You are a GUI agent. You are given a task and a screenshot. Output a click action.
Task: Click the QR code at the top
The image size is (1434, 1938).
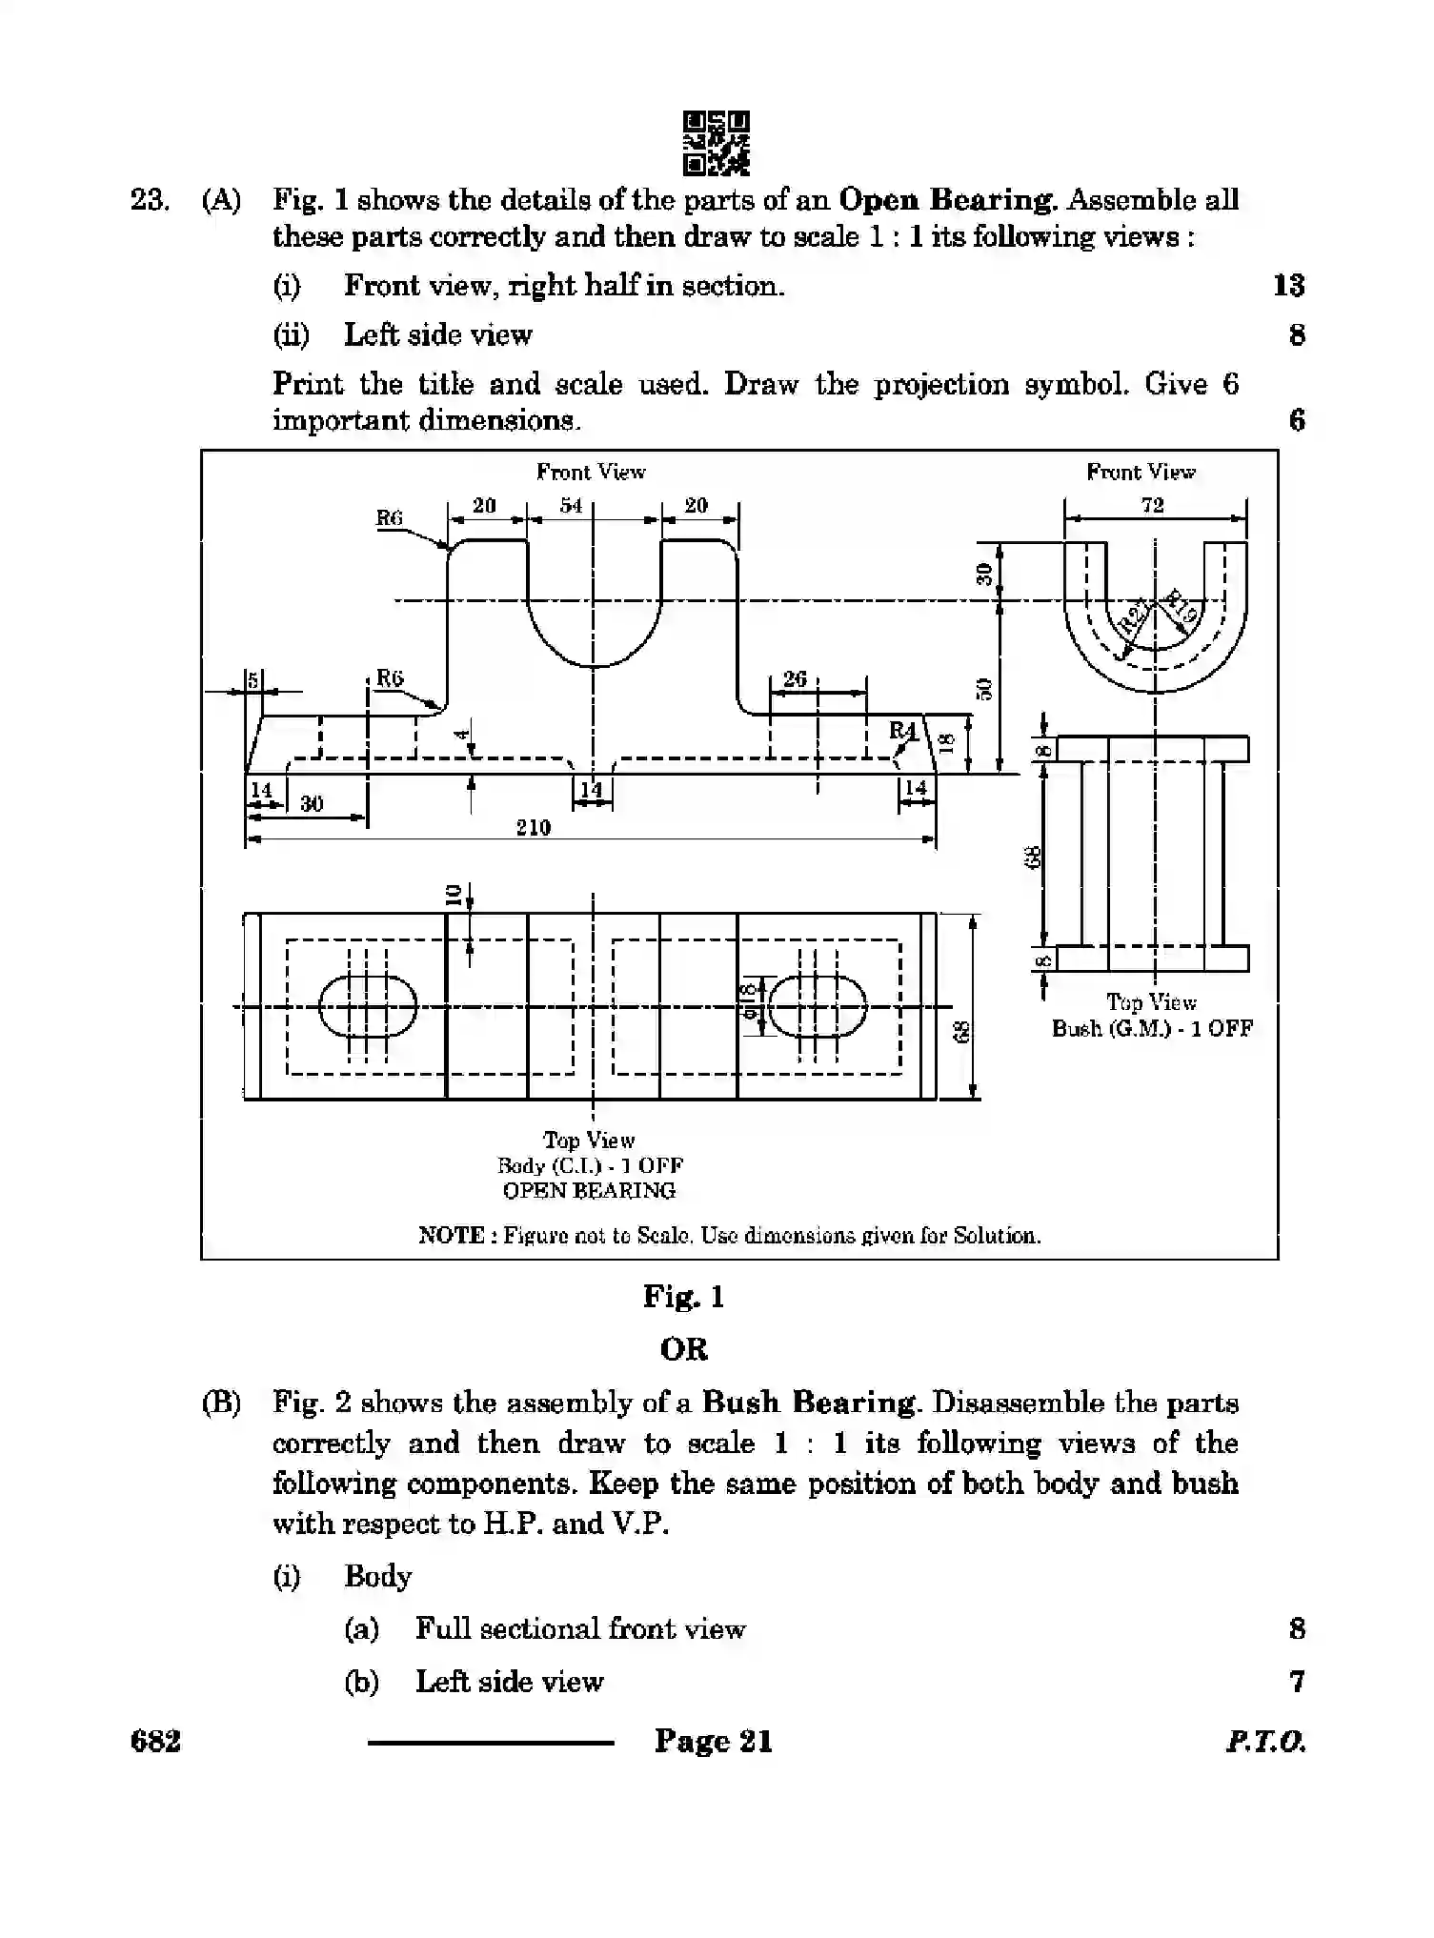(716, 143)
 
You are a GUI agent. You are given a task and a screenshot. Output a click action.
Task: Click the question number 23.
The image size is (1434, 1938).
(150, 200)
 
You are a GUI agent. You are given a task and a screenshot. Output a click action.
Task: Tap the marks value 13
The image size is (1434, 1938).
(1288, 285)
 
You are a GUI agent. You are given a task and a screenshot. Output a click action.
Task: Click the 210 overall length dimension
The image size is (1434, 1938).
(534, 827)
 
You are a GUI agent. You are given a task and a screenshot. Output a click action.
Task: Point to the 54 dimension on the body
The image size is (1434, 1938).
(570, 506)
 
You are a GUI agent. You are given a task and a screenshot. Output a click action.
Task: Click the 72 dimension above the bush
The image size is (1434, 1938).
(1153, 505)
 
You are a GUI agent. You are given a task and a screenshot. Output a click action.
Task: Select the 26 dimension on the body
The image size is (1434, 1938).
(795, 678)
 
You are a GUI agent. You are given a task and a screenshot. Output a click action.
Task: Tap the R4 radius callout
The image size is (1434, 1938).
(901, 731)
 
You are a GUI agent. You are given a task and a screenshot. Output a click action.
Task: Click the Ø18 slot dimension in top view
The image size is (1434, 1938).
(749, 1001)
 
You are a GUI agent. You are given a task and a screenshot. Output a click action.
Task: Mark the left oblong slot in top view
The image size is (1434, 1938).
(368, 1006)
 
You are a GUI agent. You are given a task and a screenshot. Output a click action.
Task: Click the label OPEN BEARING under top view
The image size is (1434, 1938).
(589, 1190)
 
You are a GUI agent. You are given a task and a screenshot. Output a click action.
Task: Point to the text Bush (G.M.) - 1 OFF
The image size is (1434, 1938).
(1152, 1028)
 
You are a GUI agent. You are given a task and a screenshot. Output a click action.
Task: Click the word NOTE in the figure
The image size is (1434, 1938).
(451, 1236)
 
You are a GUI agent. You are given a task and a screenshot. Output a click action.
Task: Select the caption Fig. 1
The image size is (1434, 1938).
(683, 1297)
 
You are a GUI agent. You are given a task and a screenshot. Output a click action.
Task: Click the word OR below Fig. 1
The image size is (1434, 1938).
(683, 1349)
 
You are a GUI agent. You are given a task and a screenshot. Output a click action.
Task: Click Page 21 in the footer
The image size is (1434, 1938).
(713, 1742)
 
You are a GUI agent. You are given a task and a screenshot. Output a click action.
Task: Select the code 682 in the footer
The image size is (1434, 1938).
(155, 1742)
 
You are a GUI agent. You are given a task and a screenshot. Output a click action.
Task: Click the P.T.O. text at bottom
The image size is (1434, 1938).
(1265, 1743)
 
